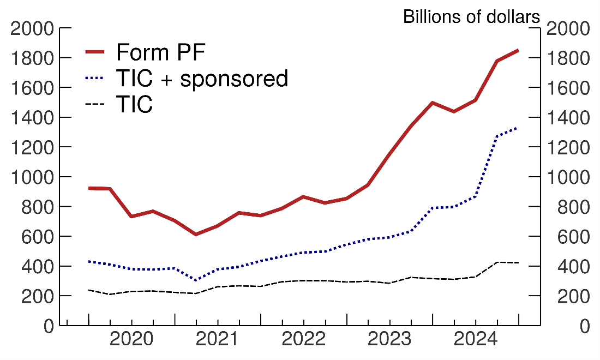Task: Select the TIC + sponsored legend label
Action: pos(202,79)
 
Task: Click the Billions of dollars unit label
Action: pos(471,17)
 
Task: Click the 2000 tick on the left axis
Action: pos(32,28)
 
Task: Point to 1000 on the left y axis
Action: pos(32,177)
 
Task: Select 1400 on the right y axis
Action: pos(568,118)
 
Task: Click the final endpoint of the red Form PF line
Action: pos(518,50)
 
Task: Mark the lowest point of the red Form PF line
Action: pos(196,235)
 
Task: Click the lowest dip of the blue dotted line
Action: pos(196,280)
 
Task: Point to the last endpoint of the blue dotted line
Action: pos(518,128)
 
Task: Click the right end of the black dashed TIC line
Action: pos(518,263)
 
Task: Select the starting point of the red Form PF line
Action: pos(88,188)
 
